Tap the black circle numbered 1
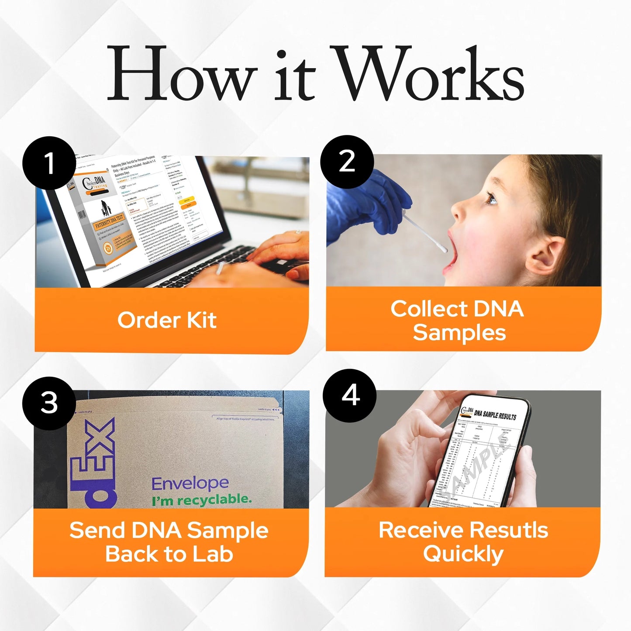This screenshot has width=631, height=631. pos(49,163)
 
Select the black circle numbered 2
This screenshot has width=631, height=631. pos(347,162)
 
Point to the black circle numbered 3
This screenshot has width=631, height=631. pos(49,403)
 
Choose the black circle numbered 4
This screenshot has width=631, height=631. pos(349,396)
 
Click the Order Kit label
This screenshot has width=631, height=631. pos(167,320)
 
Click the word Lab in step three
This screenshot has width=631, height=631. pos(213,554)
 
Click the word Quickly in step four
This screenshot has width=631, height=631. pos(463,554)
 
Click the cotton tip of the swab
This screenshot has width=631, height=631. pos(443,249)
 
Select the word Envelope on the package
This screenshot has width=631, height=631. pos(190,483)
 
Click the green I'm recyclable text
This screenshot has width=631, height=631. pos(202,500)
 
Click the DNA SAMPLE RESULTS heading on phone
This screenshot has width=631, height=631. pos(495,414)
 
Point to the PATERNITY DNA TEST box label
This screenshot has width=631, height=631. pos(109,221)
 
